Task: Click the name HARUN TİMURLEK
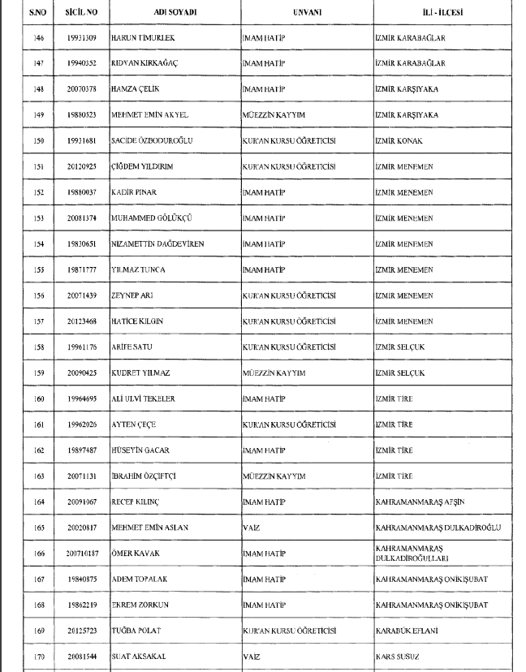tap(145, 38)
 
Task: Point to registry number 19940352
tap(81, 63)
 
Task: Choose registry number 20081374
tap(81, 218)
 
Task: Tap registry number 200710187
tap(81, 554)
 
